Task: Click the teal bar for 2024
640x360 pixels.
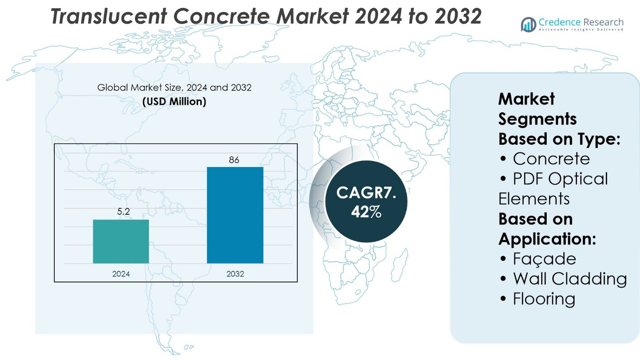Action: point(121,241)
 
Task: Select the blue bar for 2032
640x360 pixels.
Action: point(235,215)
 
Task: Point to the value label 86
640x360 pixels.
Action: point(234,160)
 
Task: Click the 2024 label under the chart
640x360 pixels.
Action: point(121,274)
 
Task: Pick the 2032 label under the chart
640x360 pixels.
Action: point(235,274)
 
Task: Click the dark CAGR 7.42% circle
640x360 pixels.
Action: point(366,201)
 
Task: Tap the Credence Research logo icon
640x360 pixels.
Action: point(528,24)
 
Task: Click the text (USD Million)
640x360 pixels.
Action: point(174,101)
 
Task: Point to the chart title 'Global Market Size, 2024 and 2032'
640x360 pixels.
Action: point(174,87)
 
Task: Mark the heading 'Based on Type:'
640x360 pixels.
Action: point(559,139)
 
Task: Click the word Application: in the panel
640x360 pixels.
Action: point(547,239)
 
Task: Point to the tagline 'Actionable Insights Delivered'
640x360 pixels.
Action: point(581,30)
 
